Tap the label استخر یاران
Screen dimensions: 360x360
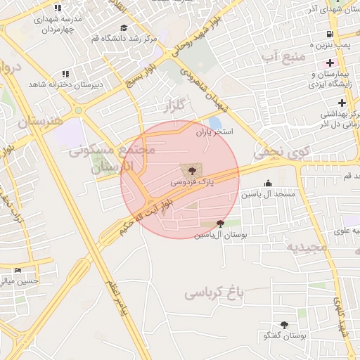point(214,131)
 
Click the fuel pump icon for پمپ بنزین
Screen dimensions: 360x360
point(328,34)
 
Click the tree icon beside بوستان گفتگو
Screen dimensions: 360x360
point(284,325)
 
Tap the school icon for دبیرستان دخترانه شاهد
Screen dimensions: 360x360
point(65,73)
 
